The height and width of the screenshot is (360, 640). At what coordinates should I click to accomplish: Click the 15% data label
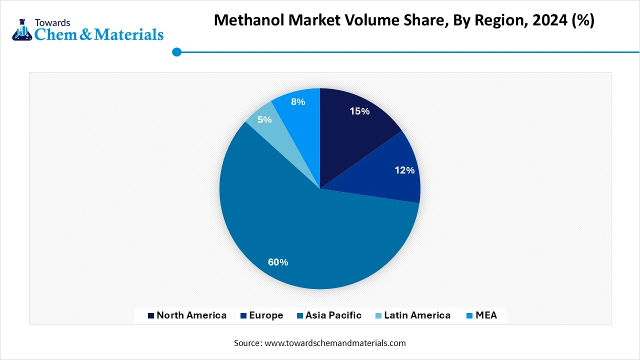point(359,111)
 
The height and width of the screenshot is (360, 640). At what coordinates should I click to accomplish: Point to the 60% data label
point(278,262)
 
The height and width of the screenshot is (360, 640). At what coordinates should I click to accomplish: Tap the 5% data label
point(264,120)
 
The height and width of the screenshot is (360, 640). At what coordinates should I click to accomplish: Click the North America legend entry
point(191,315)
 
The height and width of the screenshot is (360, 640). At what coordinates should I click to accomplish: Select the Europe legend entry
point(266,315)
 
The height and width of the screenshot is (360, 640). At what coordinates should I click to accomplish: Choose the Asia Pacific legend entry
point(333,315)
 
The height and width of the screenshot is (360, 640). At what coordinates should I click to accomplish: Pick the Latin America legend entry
point(417,315)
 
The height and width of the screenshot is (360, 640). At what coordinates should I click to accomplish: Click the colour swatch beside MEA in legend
point(469,316)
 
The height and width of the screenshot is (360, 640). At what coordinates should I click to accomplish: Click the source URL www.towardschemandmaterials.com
point(334,343)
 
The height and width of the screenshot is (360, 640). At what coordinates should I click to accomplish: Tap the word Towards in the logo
point(52,22)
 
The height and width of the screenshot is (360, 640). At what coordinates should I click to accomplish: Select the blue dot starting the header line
point(176,52)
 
